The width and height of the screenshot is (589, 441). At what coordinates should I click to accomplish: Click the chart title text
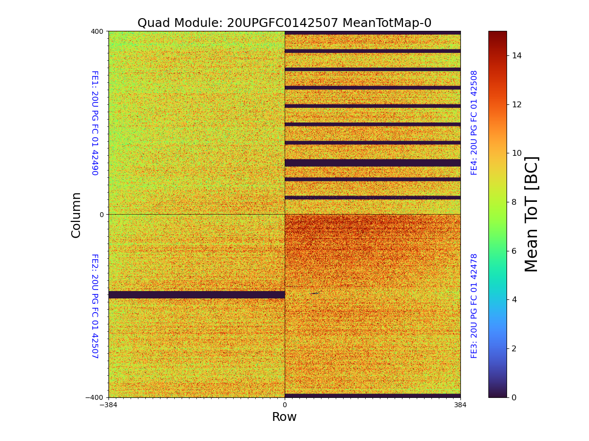pyautogui.click(x=284, y=23)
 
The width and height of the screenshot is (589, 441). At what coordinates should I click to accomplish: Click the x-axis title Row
pyautogui.click(x=284, y=417)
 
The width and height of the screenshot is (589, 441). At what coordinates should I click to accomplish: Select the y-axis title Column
pyautogui.click(x=76, y=215)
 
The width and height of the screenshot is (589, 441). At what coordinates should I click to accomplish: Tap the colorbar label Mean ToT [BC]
pyautogui.click(x=531, y=214)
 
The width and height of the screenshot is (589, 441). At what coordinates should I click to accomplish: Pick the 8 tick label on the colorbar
pyautogui.click(x=514, y=202)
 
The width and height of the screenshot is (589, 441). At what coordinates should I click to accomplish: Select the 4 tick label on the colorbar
pyautogui.click(x=514, y=299)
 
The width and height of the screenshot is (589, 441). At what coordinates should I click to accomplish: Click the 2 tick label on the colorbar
pyautogui.click(x=514, y=348)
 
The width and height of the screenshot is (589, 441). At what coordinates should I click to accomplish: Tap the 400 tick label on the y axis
pyautogui.click(x=97, y=31)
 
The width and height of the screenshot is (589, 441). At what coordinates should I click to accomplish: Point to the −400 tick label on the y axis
pyautogui.click(x=95, y=397)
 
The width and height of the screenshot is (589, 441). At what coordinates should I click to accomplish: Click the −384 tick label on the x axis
pyautogui.click(x=108, y=405)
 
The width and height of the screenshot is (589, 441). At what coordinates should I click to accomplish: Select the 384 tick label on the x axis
pyautogui.click(x=460, y=405)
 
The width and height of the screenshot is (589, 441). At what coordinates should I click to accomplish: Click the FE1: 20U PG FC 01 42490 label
pyautogui.click(x=95, y=123)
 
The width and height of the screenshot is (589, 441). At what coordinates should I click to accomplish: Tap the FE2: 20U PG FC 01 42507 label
pyautogui.click(x=95, y=306)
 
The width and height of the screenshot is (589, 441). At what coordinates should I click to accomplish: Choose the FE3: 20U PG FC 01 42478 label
pyautogui.click(x=474, y=306)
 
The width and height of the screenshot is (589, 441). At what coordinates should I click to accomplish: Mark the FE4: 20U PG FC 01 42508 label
pyautogui.click(x=474, y=122)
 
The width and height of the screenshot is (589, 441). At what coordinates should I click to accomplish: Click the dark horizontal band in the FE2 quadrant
pyautogui.click(x=196, y=294)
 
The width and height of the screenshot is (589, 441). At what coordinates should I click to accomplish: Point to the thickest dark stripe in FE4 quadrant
pyautogui.click(x=373, y=163)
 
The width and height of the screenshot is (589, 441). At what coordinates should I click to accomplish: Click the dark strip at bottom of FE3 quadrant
pyautogui.click(x=373, y=395)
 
